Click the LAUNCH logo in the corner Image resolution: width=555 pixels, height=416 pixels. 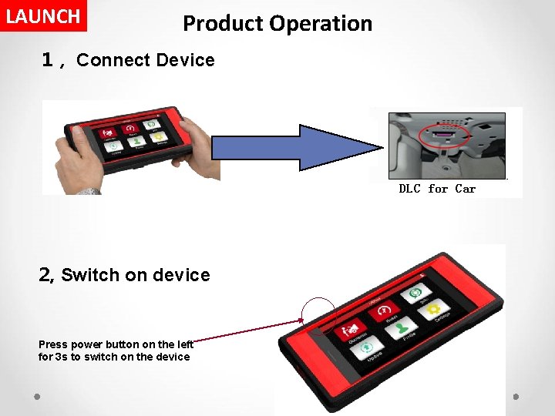tap(43, 16)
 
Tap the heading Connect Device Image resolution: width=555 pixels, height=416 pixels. tap(146, 60)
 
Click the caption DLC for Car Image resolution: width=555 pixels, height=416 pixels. tap(437, 189)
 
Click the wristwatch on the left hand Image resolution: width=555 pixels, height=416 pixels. tap(89, 191)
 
